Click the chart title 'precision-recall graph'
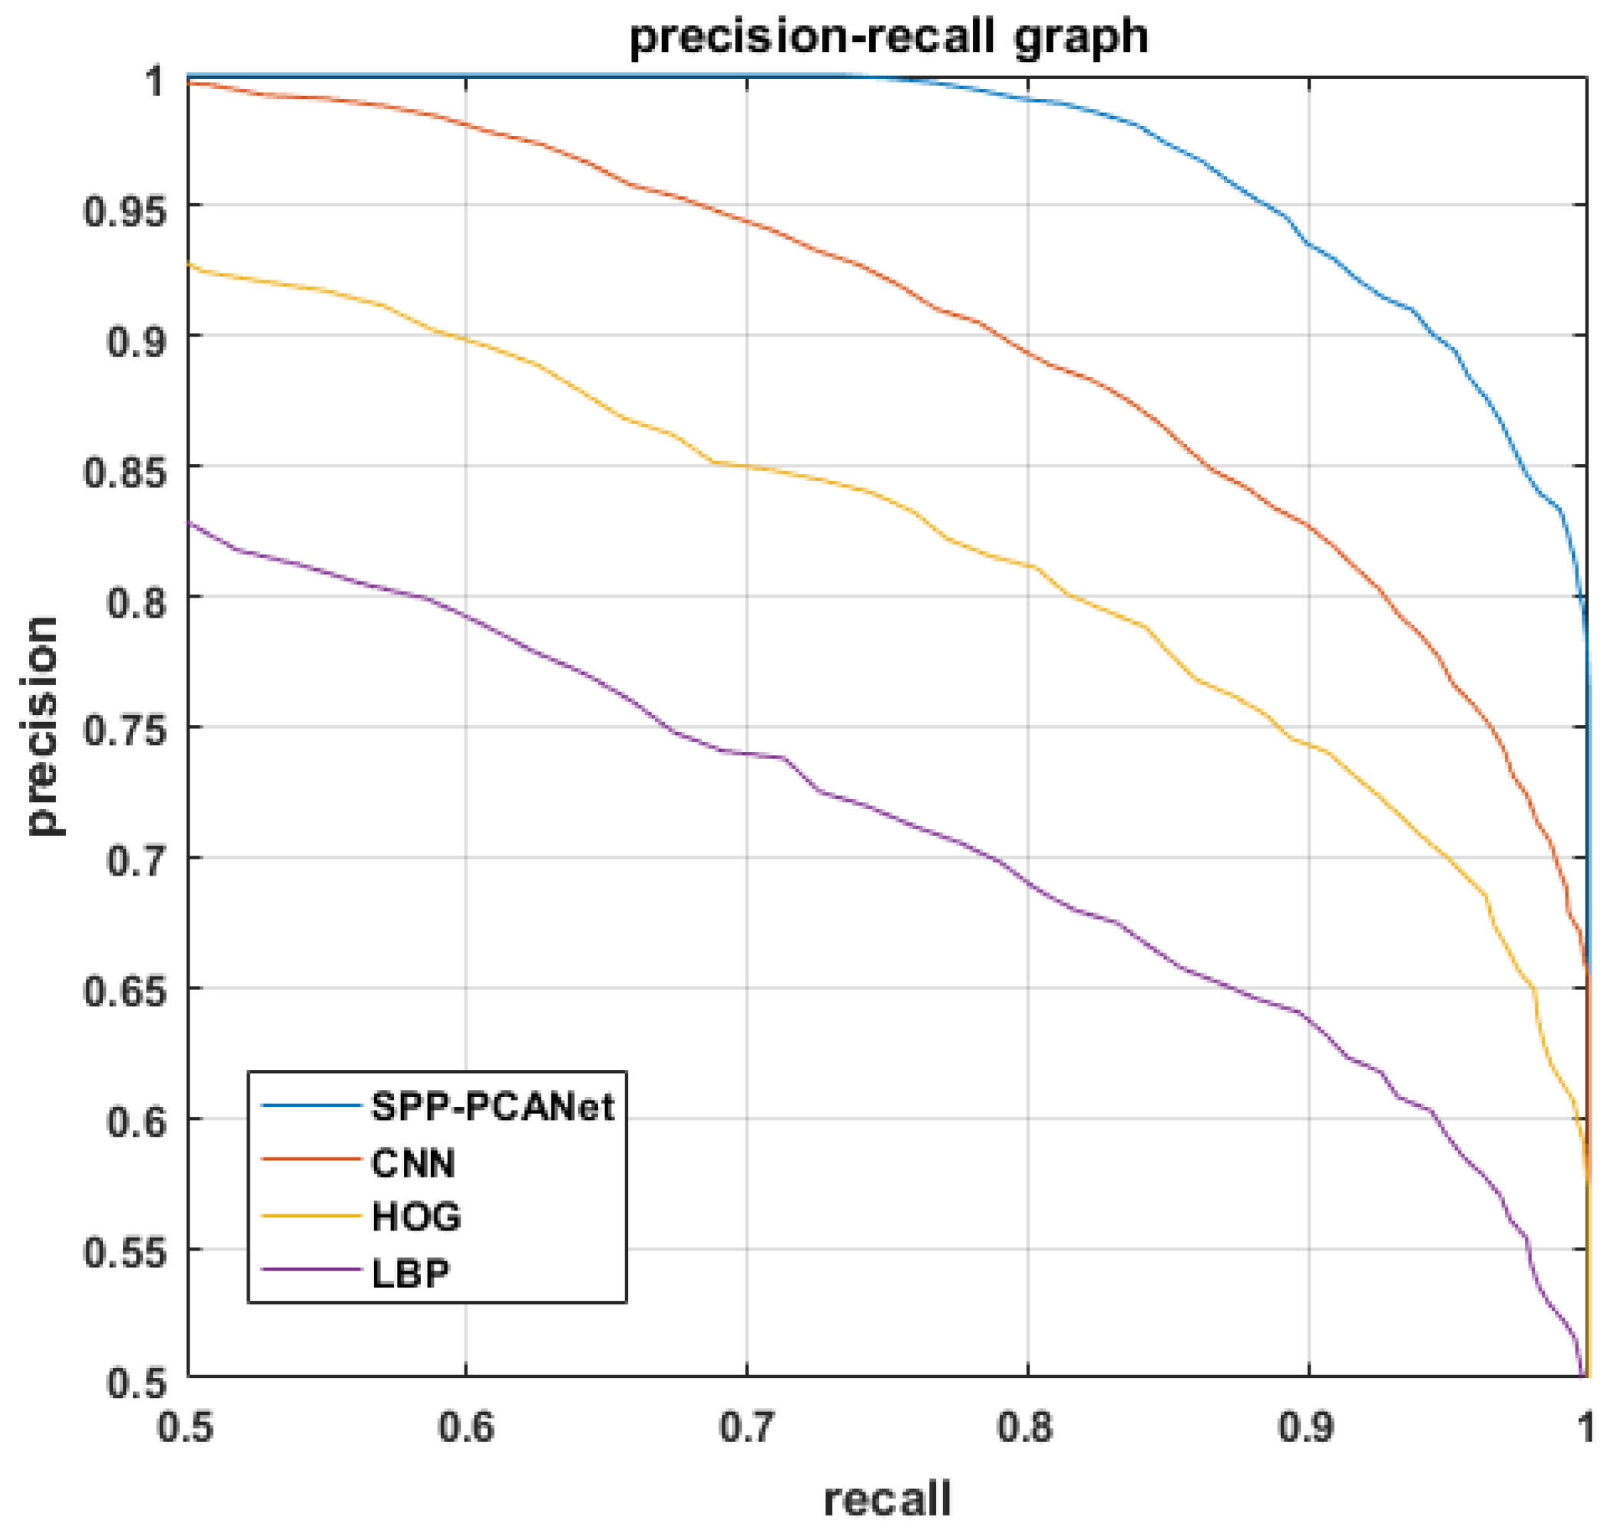[x=888, y=37]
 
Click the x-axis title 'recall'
[x=887, y=1500]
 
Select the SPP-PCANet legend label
[x=492, y=1107]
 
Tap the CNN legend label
[x=412, y=1164]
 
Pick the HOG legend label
[x=416, y=1217]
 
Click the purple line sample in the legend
[x=311, y=1270]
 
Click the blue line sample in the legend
[x=311, y=1105]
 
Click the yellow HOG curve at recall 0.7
[x=746, y=467]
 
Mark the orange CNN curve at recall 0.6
[x=465, y=124]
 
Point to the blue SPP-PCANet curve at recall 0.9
[x=1308, y=244]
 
